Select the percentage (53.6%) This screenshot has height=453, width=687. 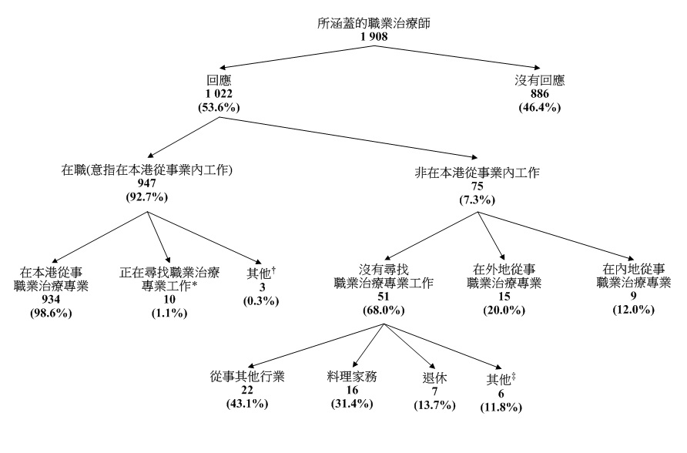coord(218,106)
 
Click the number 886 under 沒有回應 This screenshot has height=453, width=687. coord(539,93)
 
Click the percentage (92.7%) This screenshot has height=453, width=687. coord(146,198)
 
